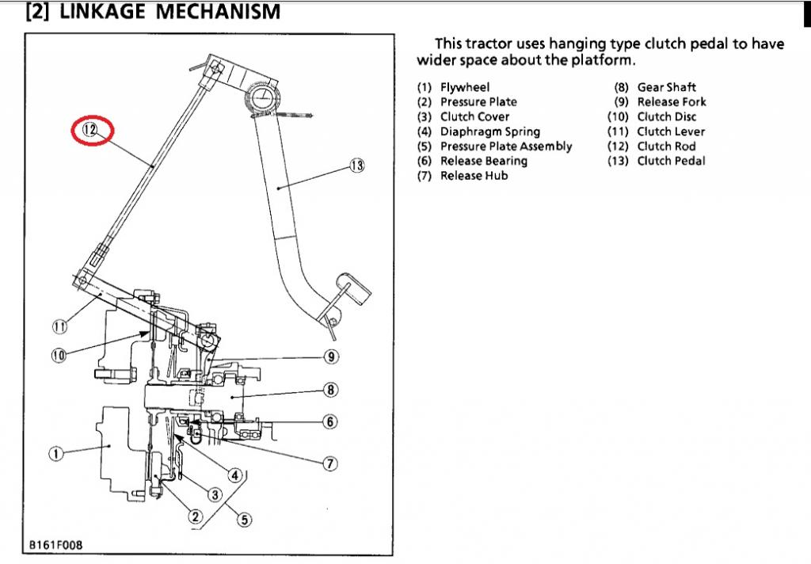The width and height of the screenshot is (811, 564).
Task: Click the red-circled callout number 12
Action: click(92, 130)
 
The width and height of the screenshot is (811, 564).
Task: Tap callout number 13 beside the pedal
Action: click(357, 166)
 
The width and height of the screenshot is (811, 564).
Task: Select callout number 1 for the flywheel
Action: click(55, 453)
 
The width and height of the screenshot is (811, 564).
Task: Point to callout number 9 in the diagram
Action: click(331, 356)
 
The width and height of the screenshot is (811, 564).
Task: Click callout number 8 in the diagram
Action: click(331, 389)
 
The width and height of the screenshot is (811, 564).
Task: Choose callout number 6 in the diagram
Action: click(331, 421)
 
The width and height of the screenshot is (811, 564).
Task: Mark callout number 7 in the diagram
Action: click(331, 463)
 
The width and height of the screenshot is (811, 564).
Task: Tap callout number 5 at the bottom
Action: click(245, 520)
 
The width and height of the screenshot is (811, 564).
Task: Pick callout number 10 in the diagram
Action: click(59, 355)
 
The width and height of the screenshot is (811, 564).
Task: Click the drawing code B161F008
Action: click(56, 545)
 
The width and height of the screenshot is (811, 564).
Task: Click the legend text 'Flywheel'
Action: click(465, 87)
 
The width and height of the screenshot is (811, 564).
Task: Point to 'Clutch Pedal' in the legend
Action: click(671, 161)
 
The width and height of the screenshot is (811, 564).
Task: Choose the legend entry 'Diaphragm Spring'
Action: click(489, 131)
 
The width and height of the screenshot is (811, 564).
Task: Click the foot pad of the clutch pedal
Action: click(352, 287)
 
